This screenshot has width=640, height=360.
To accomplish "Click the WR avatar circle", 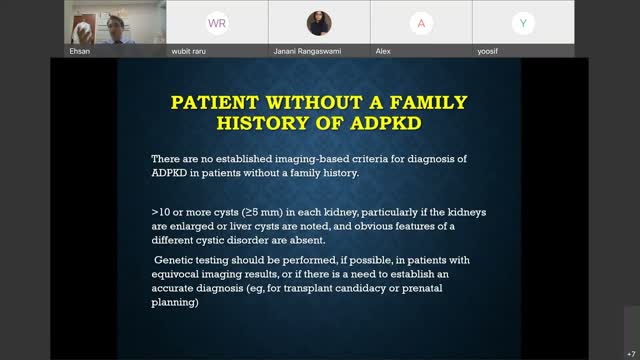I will (x=215, y=22).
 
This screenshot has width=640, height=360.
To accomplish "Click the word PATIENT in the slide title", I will (x=211, y=103).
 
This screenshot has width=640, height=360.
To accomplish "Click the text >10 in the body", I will (x=160, y=213).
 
